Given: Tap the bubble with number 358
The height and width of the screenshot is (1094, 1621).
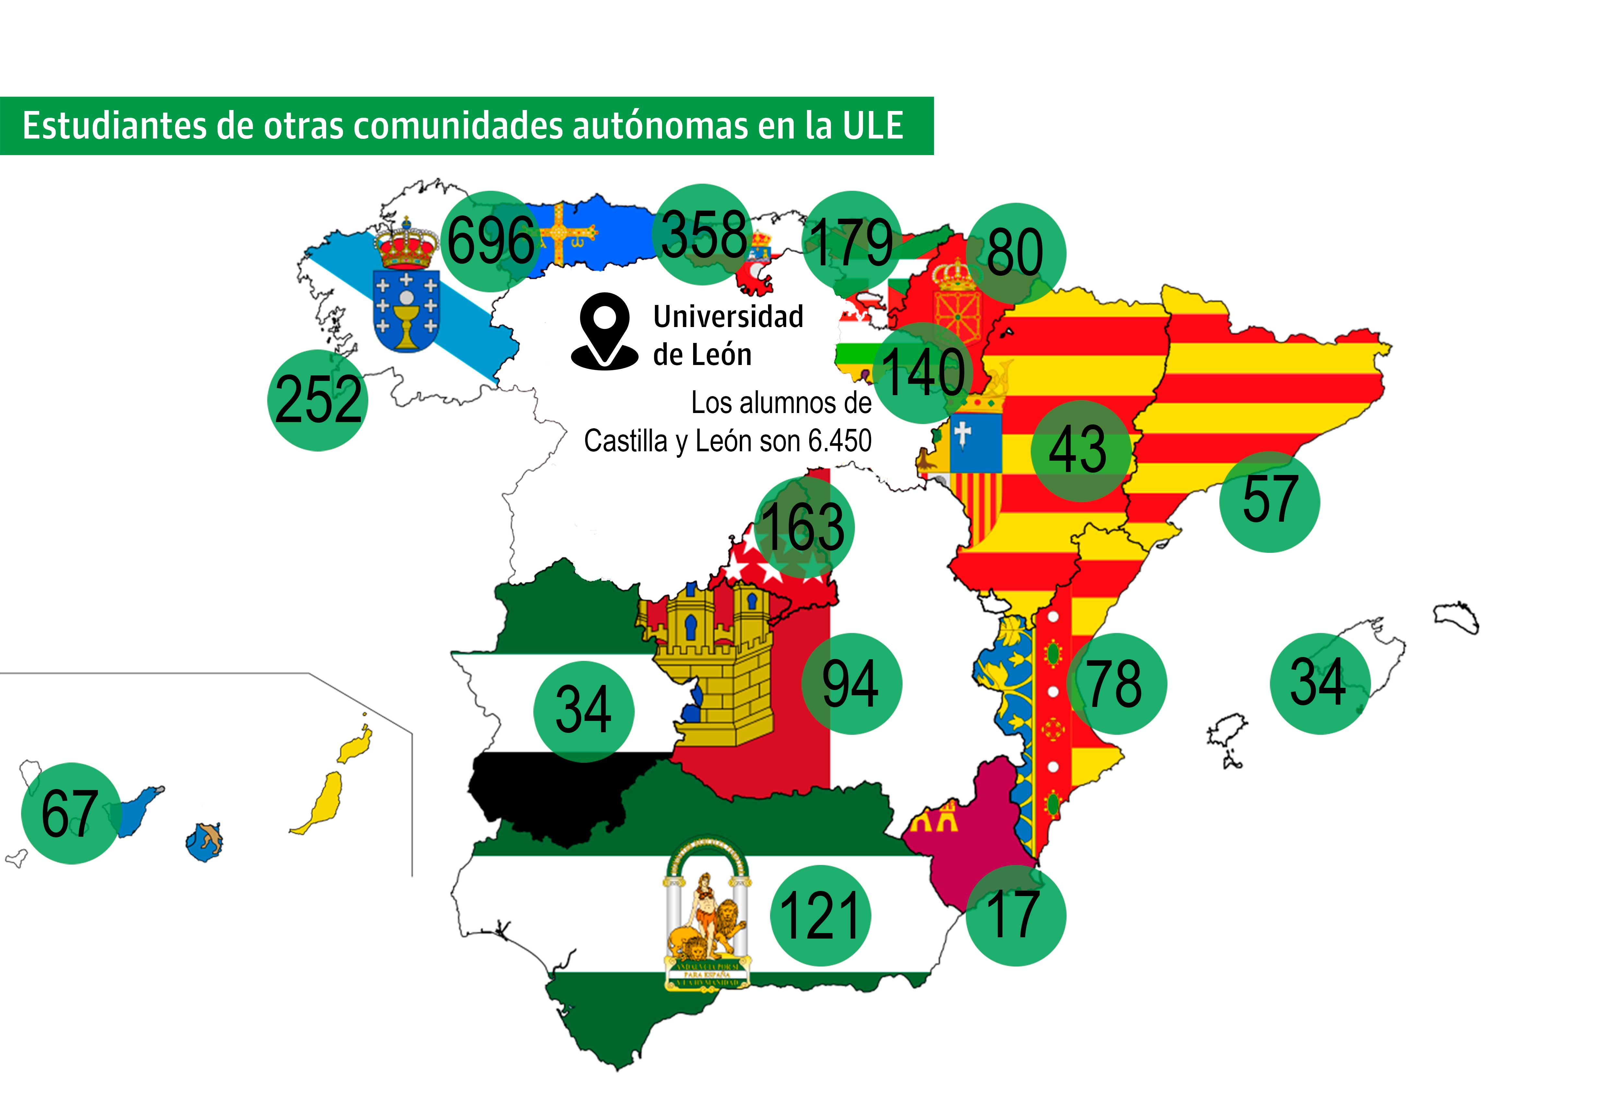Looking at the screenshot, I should (x=703, y=235).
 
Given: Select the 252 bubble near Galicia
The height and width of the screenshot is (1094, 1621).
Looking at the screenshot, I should (x=318, y=400).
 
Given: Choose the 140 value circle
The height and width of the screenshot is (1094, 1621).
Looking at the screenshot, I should (x=923, y=372).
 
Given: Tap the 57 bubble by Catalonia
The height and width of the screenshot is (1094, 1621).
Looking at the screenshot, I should (x=1269, y=501).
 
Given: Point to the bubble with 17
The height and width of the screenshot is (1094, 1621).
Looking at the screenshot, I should (x=1015, y=915).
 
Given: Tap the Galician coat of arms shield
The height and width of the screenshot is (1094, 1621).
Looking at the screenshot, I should (x=407, y=310).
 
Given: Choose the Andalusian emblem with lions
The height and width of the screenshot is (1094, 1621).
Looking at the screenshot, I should (x=706, y=914).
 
